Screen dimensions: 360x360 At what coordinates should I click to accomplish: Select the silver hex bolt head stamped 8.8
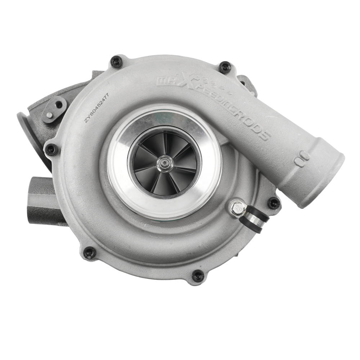tap(238, 208)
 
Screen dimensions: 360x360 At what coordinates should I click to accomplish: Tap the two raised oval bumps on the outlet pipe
tap(302, 158)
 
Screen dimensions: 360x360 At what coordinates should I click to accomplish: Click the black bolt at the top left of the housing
tap(116, 62)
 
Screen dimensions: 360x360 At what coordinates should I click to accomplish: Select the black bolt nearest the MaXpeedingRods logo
tap(225, 67)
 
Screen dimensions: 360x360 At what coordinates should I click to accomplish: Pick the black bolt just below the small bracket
tap(51, 149)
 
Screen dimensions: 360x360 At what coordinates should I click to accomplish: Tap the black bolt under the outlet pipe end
tap(274, 203)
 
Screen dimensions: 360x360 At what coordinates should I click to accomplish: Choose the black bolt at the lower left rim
tap(89, 253)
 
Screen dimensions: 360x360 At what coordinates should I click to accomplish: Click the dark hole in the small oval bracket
tap(58, 104)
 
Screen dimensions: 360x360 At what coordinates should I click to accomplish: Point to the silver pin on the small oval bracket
tap(50, 115)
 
